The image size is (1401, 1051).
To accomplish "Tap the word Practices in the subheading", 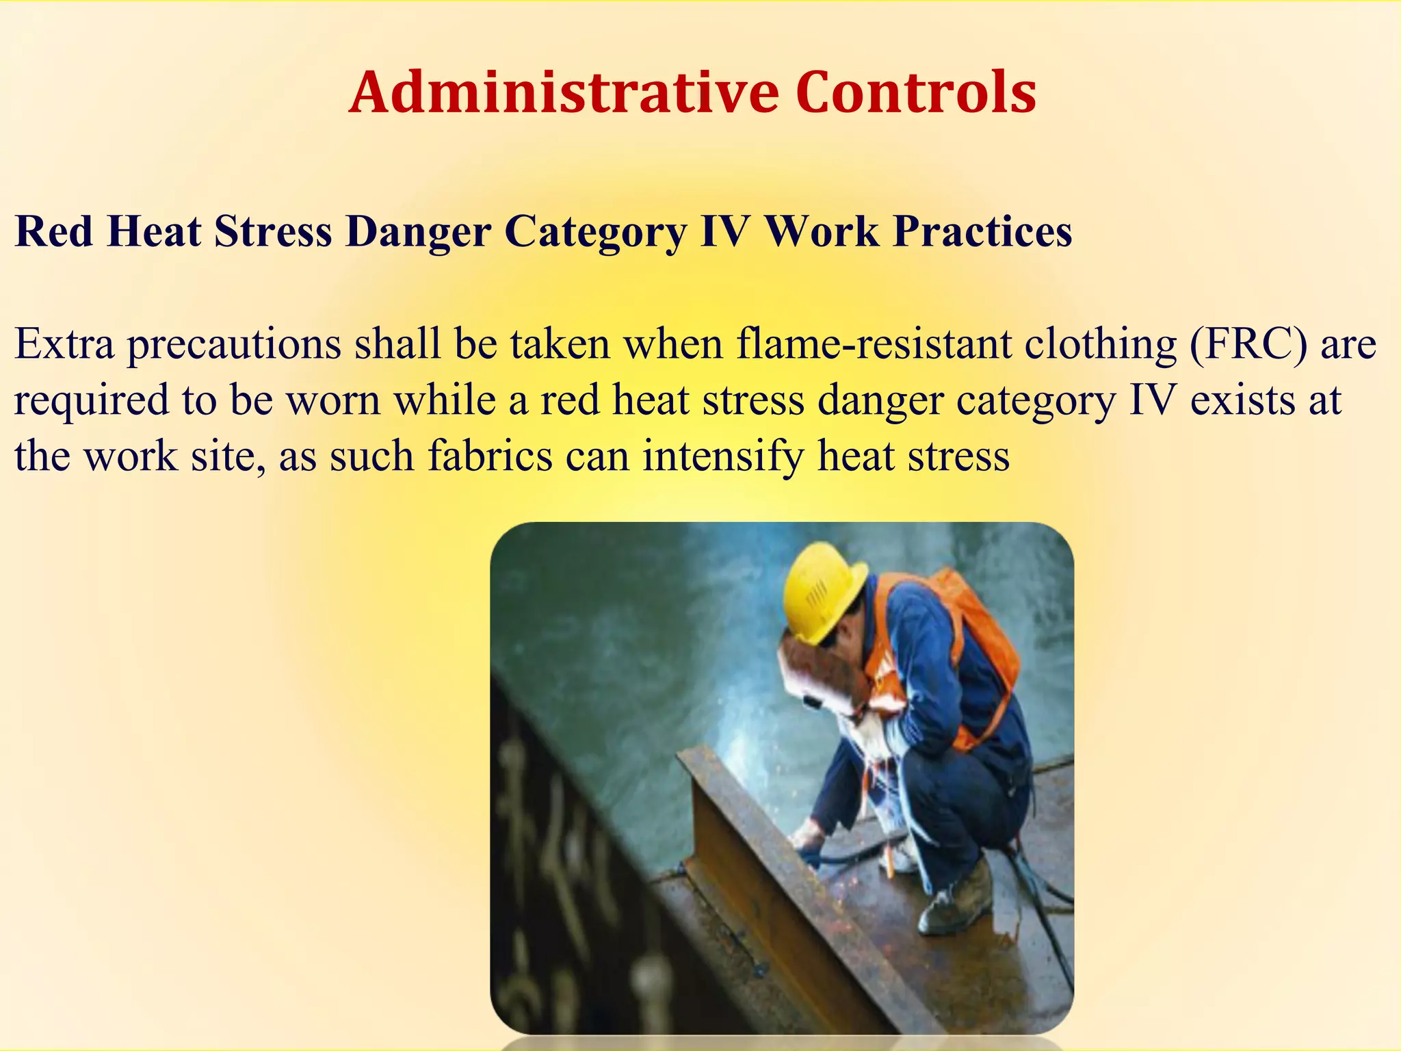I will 982,231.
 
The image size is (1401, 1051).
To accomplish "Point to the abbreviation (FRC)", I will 1248,343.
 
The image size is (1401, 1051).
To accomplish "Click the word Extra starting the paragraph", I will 64,343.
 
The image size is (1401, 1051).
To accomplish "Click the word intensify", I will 723,456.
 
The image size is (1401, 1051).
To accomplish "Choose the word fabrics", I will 490,456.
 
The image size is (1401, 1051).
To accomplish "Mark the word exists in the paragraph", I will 1242,400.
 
